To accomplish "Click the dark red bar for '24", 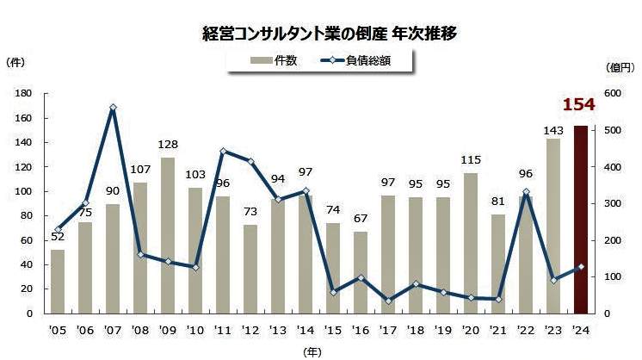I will tap(581, 220).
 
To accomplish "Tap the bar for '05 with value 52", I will tap(58, 282).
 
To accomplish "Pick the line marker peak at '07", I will tap(113, 108).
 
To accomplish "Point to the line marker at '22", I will tap(525, 191).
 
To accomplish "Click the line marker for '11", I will tap(222, 151).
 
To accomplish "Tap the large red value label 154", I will tap(578, 105).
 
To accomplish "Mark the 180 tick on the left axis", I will tap(25, 93).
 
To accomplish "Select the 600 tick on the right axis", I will tap(613, 93).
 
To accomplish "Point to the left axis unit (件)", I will tap(16, 61).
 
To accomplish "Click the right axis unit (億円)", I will tap(619, 67).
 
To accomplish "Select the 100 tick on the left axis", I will tap(25, 191).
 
